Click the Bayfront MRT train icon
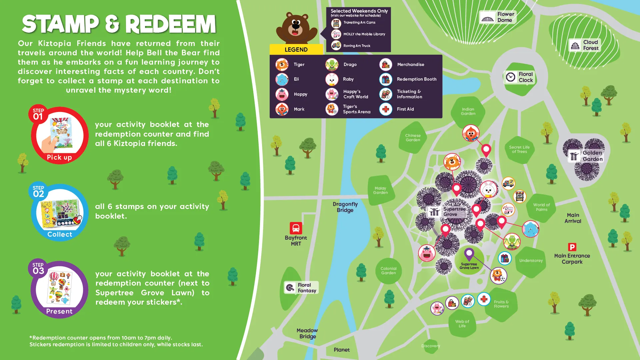pos(296,228)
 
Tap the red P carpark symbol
pos(572,247)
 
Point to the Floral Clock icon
pos(511,77)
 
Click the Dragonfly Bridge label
pos(345,207)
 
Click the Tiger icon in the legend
pos(282,64)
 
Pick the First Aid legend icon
pos(386,109)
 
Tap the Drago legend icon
pos(332,64)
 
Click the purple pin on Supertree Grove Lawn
pos(469,254)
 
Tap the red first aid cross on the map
pos(484,299)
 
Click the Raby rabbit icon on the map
pos(489,190)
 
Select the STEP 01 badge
pos(38,114)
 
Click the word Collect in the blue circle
pos(60,234)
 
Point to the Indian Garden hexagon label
pos(468,111)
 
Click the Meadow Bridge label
pos(307,333)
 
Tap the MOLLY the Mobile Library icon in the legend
pos(336,34)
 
